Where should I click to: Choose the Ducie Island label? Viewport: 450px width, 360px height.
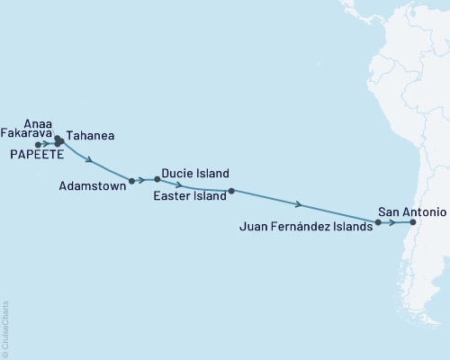click(195, 174)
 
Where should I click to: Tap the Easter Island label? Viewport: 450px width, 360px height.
click(190, 195)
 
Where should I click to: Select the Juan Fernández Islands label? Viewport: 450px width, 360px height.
click(306, 229)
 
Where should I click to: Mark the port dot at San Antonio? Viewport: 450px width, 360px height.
click(412, 222)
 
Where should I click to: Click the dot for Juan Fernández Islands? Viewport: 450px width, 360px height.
click(379, 222)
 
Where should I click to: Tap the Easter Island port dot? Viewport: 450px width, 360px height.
click(231, 191)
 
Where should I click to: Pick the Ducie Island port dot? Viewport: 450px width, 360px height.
click(157, 178)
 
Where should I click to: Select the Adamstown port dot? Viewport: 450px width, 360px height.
click(132, 181)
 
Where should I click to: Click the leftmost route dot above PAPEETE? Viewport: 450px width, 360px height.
click(38, 144)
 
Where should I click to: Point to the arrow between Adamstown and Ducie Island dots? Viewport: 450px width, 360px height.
click(144, 179)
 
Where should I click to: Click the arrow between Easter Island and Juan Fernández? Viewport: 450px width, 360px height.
click(298, 204)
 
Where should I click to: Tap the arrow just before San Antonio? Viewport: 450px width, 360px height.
click(394, 222)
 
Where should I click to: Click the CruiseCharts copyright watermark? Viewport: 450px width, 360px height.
click(6, 328)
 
